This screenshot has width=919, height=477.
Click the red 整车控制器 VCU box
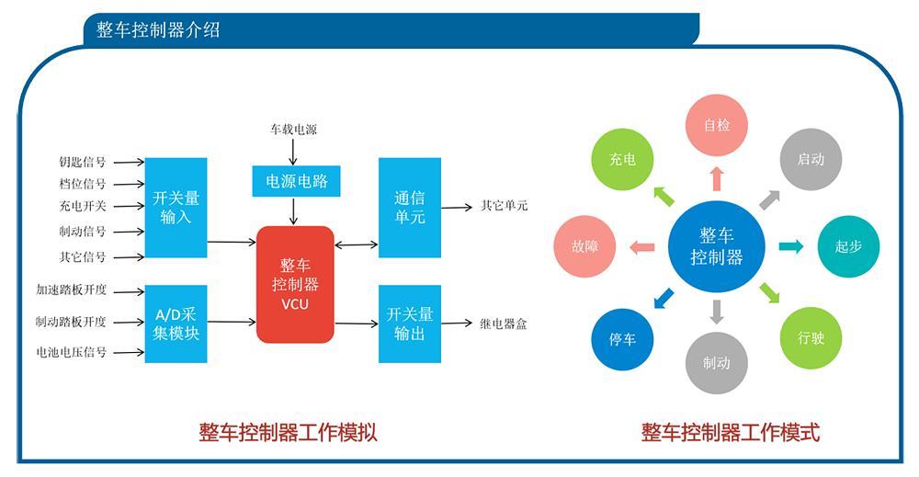[x=294, y=284]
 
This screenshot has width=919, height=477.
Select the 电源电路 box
[x=296, y=181]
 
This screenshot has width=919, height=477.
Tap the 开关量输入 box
[x=176, y=208]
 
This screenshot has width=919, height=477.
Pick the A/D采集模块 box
[x=176, y=324]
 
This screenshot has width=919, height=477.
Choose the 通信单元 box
[x=409, y=208]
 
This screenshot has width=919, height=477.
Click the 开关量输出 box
[x=409, y=324]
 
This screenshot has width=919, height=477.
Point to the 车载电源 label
[x=294, y=130]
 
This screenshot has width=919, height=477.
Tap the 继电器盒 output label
[x=503, y=324]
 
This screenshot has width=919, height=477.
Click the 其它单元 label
[x=504, y=206]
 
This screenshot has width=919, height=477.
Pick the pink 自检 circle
[x=717, y=125]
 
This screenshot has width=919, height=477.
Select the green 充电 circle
[x=622, y=159]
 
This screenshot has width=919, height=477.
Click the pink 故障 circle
[x=584, y=246]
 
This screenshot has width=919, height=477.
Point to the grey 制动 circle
[x=717, y=363]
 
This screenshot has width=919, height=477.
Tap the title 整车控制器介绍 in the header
[x=158, y=29]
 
